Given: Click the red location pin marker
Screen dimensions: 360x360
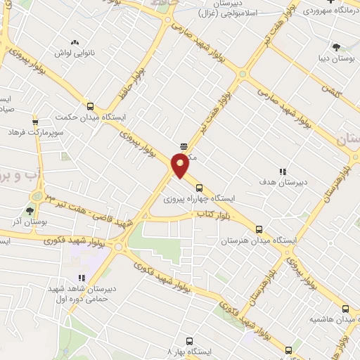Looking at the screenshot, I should (x=180, y=165).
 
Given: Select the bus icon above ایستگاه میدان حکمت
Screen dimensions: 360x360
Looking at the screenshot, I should (x=89, y=106).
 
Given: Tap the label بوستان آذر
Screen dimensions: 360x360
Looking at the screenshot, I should (x=26, y=221).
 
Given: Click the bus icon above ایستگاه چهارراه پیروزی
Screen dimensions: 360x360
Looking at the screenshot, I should (x=199, y=188).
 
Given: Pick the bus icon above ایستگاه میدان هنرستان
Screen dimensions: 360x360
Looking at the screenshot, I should (x=259, y=229).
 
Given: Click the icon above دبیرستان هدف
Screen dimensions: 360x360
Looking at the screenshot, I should (x=283, y=171).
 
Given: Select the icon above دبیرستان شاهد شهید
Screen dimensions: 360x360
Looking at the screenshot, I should (x=82, y=278).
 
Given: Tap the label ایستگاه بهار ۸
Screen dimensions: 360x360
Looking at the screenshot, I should (x=188, y=349).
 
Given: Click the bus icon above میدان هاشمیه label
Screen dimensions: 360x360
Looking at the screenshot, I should (x=345, y=308).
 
